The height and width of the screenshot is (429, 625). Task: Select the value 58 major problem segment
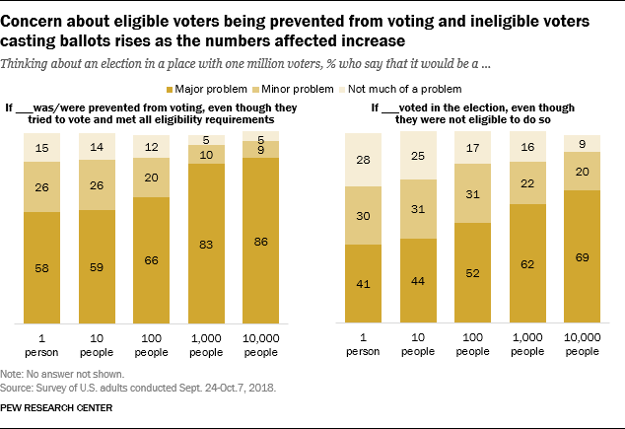(x=42, y=265)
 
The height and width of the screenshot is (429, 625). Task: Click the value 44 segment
(x=418, y=282)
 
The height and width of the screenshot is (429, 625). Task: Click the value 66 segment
(x=150, y=259)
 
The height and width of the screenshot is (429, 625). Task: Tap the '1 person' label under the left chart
(x=42, y=345)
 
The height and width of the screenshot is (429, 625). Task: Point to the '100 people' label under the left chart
(x=150, y=345)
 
